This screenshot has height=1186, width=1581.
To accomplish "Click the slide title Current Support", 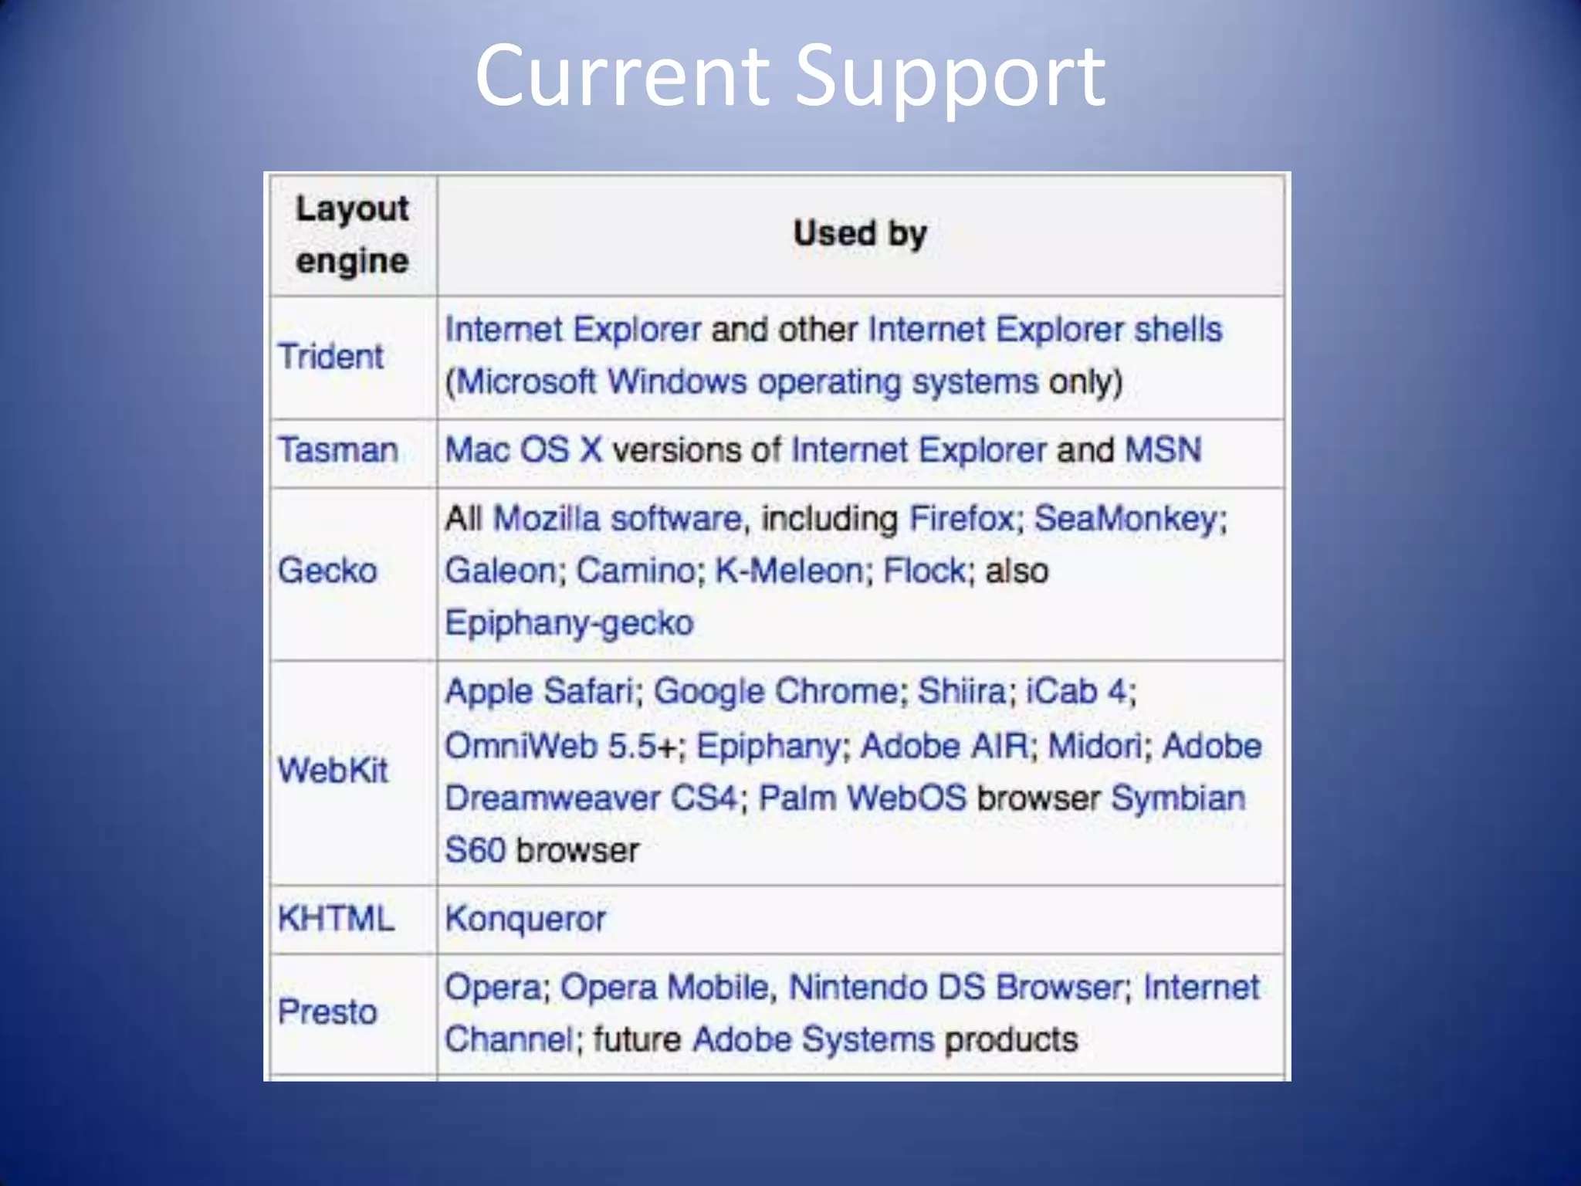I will click(790, 76).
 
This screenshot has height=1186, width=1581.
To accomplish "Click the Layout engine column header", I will click(352, 235).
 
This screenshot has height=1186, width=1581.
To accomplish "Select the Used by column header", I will click(860, 233).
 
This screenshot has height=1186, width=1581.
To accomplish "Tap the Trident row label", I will click(330, 357).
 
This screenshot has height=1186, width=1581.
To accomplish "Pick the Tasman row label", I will click(337, 450).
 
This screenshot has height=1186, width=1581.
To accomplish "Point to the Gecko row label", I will click(327, 571).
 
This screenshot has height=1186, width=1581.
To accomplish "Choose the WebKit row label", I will click(333, 771).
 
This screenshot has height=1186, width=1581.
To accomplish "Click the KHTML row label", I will click(336, 919).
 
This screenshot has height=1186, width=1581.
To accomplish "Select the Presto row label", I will click(327, 1011).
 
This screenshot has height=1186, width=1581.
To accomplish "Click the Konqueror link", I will click(525, 919).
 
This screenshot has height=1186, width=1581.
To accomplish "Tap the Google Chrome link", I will click(776, 691).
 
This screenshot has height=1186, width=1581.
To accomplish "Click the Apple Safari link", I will click(540, 691).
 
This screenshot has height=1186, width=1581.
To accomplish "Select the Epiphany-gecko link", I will click(569, 623).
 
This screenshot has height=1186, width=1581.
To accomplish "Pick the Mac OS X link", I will click(523, 450).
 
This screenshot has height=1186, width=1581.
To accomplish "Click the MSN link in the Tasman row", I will click(1163, 450).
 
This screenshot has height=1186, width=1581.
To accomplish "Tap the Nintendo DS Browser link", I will click(954, 987).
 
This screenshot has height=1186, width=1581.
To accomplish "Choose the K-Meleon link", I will click(788, 571).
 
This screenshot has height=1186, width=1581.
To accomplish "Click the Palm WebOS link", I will click(862, 798).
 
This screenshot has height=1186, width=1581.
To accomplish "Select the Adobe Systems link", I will click(814, 1039).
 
